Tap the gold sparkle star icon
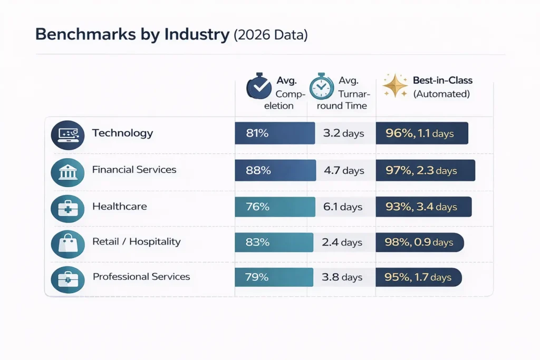395,85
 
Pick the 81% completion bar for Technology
274,133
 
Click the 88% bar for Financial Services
275,170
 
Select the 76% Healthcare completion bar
275,207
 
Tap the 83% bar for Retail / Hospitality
274,242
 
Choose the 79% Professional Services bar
274,277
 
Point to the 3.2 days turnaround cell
344,133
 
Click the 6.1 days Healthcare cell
343,207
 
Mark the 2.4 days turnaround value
342,242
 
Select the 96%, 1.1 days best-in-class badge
422,133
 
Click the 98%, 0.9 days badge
420,242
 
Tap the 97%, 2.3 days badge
425,170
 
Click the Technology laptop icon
67,135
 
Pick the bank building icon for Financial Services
67,172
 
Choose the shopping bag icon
67,244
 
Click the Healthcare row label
119,206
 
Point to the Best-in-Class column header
442,87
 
